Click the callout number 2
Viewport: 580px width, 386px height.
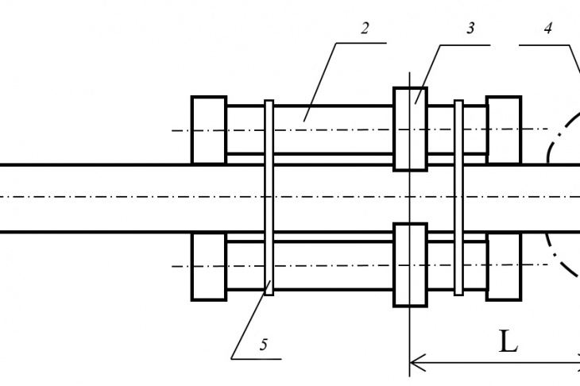(365, 29)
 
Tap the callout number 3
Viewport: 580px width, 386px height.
(470, 29)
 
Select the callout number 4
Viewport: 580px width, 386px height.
(548, 29)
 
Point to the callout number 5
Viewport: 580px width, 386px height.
(263, 345)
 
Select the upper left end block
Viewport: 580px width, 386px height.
(209, 129)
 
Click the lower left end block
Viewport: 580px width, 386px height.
(209, 267)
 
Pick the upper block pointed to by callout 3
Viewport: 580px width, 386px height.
(410, 129)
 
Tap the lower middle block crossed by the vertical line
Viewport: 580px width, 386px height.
(410, 264)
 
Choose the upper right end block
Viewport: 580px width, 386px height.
(504, 129)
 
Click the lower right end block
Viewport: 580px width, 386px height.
(504, 267)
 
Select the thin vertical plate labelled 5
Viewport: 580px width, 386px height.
(269, 198)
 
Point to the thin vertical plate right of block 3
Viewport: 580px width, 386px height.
(458, 198)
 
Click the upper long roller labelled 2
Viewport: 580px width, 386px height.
(310, 129)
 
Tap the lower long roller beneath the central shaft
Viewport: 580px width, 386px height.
(310, 265)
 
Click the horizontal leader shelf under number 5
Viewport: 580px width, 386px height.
(257, 359)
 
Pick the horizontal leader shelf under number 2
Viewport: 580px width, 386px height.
(362, 43)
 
